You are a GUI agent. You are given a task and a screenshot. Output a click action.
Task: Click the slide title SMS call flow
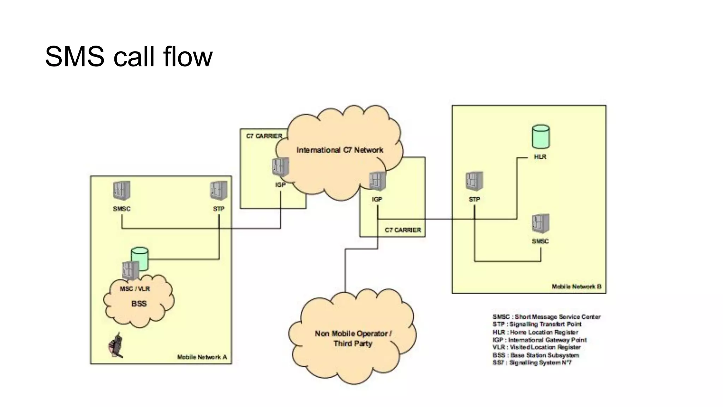[129, 57]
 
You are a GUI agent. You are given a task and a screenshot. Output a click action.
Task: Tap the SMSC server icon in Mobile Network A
[121, 191]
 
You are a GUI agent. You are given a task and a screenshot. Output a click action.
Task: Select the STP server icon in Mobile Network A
[219, 191]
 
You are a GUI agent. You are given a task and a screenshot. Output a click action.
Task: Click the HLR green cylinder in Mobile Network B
[540, 136]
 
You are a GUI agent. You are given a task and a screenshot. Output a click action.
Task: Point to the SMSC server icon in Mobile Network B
[540, 224]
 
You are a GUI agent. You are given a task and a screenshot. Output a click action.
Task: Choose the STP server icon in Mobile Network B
[474, 181]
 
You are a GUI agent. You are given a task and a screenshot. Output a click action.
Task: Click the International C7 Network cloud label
[340, 150]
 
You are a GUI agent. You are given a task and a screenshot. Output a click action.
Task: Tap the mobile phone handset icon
[116, 346]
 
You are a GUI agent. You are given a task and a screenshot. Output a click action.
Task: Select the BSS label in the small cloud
[139, 304]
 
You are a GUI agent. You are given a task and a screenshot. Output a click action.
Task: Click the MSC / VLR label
[135, 289]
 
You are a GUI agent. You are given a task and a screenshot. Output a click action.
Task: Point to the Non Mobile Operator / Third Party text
[353, 338]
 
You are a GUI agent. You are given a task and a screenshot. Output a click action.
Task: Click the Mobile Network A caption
[202, 357]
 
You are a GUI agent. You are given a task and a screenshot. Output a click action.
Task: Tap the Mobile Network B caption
[576, 287]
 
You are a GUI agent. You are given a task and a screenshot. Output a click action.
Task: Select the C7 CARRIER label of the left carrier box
[264, 136]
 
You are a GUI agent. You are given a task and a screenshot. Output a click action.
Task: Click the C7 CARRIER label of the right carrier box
[403, 230]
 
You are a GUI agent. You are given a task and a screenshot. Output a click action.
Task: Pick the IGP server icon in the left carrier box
[280, 167]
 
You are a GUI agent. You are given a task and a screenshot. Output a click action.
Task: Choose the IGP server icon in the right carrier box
[377, 181]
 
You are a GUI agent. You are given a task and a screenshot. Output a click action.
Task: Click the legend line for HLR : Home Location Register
[535, 332]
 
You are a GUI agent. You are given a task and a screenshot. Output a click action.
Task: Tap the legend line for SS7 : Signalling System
[532, 363]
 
